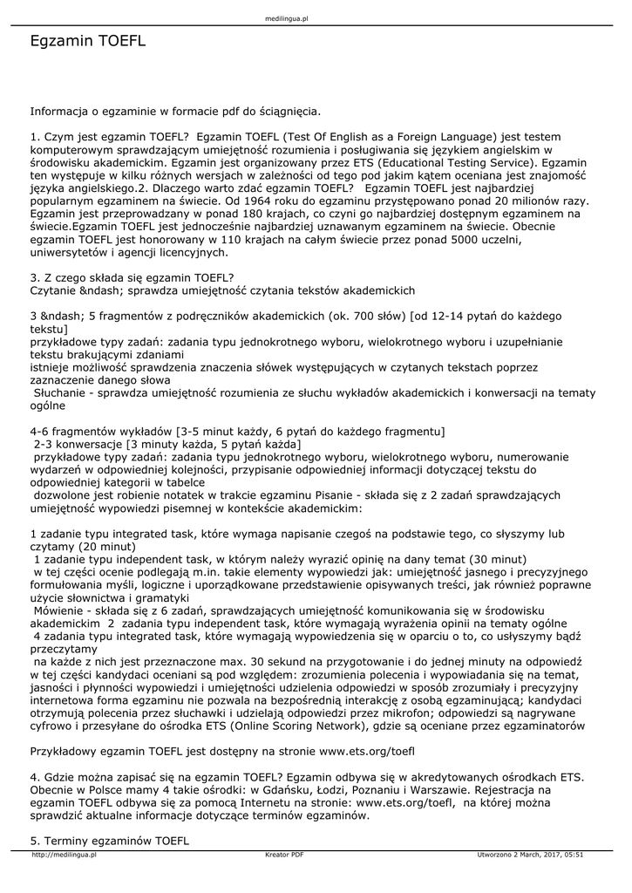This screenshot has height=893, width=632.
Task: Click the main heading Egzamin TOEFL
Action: click(x=88, y=41)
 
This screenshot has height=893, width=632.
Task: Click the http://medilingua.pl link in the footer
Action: click(x=64, y=856)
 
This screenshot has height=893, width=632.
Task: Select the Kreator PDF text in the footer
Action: click(x=284, y=856)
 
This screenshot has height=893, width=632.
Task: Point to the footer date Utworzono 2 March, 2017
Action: click(x=531, y=856)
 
